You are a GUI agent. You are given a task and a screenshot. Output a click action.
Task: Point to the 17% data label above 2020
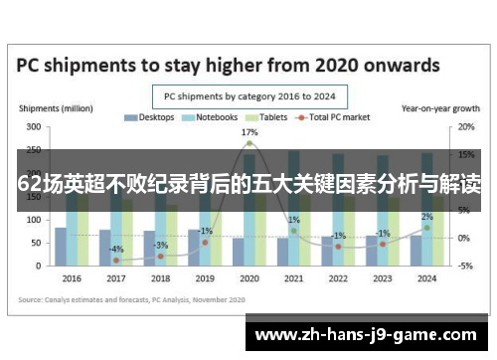tap(249, 131)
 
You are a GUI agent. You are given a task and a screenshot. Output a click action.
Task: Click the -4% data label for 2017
tap(117, 249)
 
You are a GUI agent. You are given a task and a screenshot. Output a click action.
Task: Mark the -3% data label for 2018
tap(161, 245)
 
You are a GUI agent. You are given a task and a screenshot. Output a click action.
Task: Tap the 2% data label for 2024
tap(426, 216)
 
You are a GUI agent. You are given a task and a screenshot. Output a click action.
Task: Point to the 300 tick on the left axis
tap(34, 127)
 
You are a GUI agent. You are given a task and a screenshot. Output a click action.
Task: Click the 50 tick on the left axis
tap(37, 243)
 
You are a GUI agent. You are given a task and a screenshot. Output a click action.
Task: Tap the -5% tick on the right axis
tap(465, 266)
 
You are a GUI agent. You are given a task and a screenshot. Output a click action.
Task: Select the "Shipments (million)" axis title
tap(57, 107)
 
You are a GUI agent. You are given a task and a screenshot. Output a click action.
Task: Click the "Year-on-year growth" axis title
tap(438, 107)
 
